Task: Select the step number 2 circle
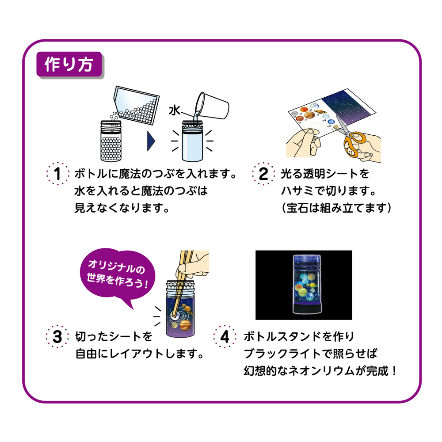263,174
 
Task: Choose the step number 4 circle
225,337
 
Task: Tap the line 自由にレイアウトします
139,354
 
